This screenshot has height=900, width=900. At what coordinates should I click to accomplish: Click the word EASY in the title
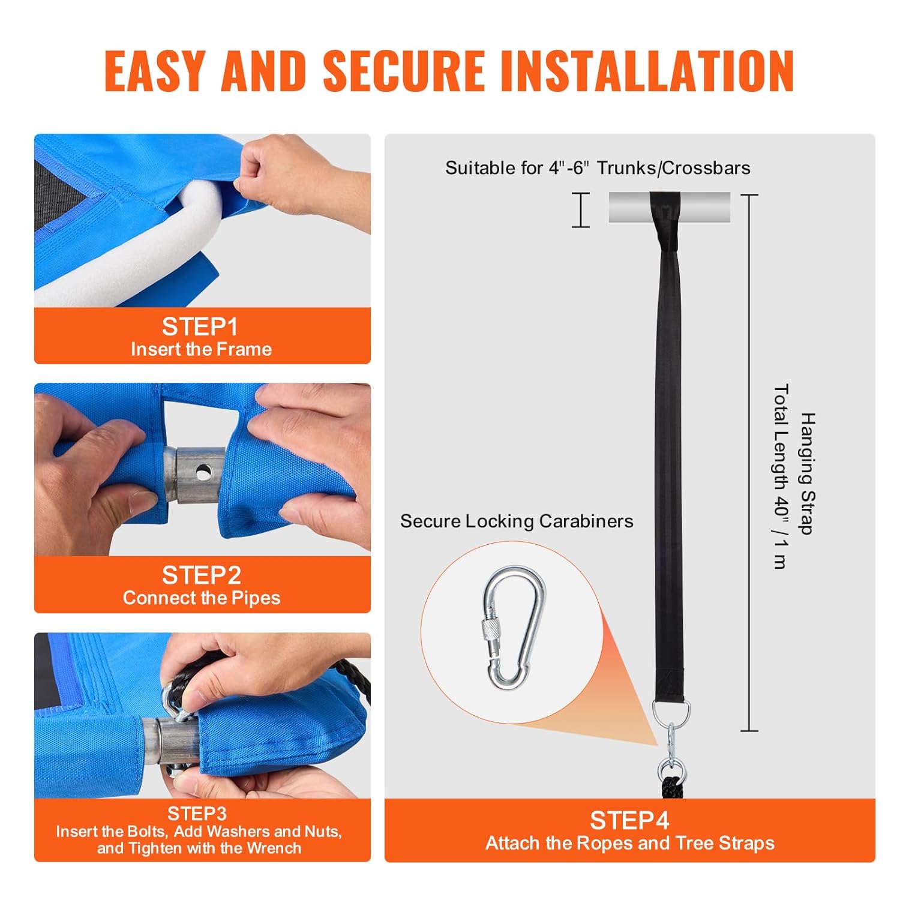(x=154, y=71)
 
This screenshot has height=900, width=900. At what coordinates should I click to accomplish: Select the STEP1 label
(x=200, y=327)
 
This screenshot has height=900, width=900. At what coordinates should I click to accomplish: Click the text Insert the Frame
(x=202, y=349)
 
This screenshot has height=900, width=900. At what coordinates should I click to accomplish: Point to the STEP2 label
(x=202, y=575)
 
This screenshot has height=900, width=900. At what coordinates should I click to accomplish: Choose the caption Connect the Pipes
(x=202, y=598)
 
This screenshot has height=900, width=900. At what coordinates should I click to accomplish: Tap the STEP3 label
(x=197, y=814)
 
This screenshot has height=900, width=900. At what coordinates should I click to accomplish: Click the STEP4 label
(x=629, y=820)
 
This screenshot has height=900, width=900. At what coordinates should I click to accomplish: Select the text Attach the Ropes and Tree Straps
(x=630, y=843)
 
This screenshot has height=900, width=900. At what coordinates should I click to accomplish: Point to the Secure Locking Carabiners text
(x=517, y=521)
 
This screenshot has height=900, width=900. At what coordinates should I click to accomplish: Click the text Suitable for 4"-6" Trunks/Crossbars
(x=598, y=168)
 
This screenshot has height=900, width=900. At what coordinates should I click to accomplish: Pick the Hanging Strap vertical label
(x=808, y=473)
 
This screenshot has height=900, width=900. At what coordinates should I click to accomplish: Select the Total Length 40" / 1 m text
(x=781, y=476)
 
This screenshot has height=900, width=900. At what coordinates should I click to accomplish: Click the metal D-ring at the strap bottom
(x=670, y=712)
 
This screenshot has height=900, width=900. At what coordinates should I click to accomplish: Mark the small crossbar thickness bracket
(x=580, y=210)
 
